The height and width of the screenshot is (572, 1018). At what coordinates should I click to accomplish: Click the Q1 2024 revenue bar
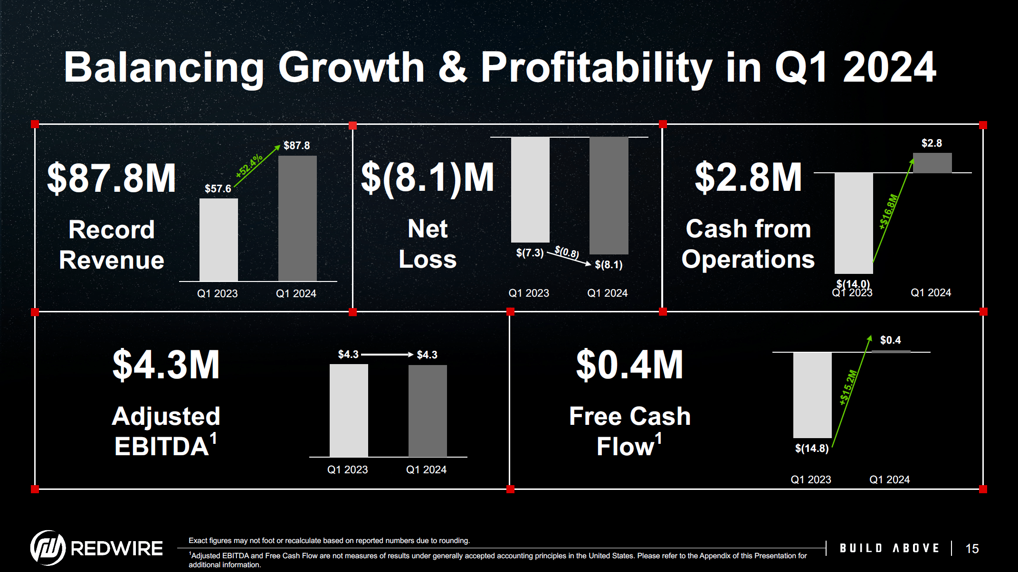[297, 218]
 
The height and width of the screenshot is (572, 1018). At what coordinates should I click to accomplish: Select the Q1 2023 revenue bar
[219, 240]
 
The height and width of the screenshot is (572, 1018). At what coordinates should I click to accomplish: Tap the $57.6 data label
[218, 188]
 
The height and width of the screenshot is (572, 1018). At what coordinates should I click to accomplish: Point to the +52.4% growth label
[249, 166]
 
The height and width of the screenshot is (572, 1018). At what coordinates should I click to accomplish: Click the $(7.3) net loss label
[530, 253]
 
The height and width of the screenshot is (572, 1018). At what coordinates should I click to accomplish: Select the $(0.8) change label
[567, 252]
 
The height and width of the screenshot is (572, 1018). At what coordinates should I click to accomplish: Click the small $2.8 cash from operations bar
[932, 163]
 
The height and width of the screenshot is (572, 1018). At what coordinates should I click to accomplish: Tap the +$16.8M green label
[889, 212]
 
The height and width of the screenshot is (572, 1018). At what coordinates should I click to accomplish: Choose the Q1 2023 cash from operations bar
[854, 223]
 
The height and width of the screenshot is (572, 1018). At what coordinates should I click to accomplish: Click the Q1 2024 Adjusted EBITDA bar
[428, 411]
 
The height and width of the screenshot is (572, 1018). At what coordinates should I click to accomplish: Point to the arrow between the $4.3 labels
[387, 355]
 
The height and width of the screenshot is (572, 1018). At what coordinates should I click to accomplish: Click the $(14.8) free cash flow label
[811, 448]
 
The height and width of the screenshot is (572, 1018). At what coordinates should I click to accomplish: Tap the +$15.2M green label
[848, 387]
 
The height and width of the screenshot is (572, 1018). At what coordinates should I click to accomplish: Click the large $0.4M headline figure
[629, 365]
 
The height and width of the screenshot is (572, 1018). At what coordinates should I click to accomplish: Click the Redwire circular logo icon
[48, 548]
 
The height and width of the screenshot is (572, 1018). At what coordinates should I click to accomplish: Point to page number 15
[972, 549]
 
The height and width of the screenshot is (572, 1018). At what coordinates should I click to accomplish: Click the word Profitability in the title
[597, 67]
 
